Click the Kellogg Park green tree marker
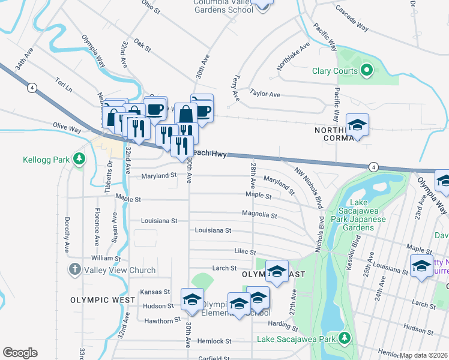pyautogui.click(x=78, y=159)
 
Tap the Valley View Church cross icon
pyautogui.click(x=74, y=270)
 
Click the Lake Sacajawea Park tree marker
pyautogui.click(x=344, y=340)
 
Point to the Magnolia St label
pyautogui.click(x=259, y=215)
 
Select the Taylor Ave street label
pyautogui.click(x=265, y=94)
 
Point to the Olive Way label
pyautogui.click(x=67, y=128)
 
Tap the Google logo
pyautogui.click(x=20, y=353)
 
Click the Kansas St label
pyautogui.click(x=151, y=292)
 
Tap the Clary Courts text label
pyautogui.click(x=335, y=71)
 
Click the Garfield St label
pyautogui.click(x=216, y=358)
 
